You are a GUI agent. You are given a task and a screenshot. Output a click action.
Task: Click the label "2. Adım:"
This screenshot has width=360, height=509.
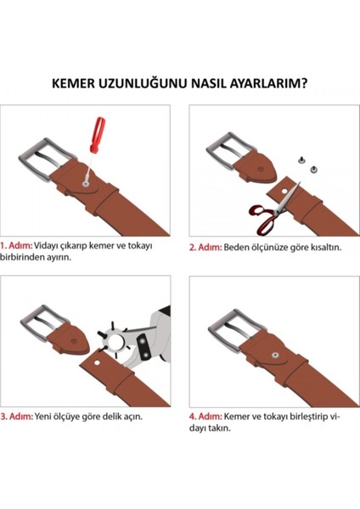tap(205, 247)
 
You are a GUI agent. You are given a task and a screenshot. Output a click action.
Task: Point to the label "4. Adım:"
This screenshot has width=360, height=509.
tap(205, 417)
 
